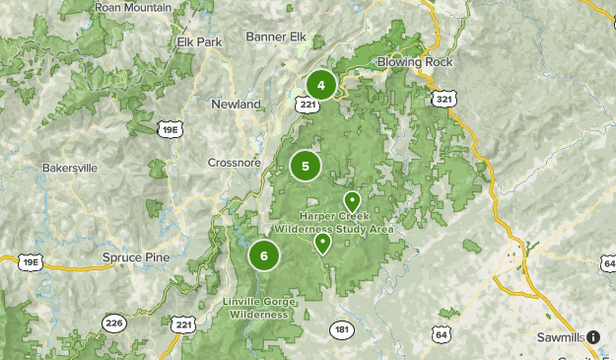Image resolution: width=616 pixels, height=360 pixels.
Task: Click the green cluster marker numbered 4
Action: tap(321, 85)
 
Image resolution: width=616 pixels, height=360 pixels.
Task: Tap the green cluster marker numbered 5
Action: tap(306, 166)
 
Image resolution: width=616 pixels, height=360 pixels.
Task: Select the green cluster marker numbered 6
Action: tap(264, 255)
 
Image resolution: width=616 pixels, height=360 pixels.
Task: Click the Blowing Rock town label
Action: tap(414, 61)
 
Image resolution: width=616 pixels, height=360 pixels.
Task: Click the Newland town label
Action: tap(236, 104)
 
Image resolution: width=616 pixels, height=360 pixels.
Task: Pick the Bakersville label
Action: tap(70, 168)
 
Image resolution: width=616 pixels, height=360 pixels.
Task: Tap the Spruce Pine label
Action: tap(136, 257)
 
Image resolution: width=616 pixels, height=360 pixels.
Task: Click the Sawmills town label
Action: tap(559, 337)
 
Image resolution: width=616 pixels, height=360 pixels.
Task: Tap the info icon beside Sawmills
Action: tap(593, 337)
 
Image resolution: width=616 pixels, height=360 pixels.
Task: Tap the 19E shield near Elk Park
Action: tap(169, 128)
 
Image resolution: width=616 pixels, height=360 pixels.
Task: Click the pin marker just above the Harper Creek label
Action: tap(351, 201)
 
